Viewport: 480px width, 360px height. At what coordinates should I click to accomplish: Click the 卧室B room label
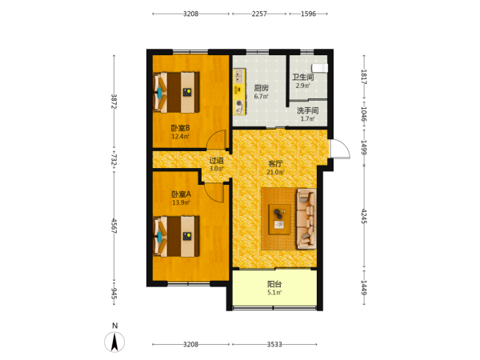[x=180, y=128]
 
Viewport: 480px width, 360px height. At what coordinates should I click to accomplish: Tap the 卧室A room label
[x=181, y=194]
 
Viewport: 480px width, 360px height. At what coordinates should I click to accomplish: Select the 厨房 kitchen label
[x=261, y=88]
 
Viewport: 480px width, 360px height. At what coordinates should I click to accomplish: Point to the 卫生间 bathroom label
[x=302, y=77]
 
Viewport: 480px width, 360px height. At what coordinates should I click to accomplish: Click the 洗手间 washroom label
[x=307, y=110]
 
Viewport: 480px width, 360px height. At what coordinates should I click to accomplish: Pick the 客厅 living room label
[x=275, y=164]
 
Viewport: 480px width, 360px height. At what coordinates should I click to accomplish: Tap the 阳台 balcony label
[x=274, y=284]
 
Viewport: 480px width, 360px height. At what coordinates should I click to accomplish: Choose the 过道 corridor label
[x=216, y=160]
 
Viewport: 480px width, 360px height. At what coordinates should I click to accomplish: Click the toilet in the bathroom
[x=319, y=68]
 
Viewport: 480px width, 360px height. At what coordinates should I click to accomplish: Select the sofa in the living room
[x=306, y=219]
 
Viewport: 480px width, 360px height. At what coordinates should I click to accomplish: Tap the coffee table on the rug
[x=279, y=219]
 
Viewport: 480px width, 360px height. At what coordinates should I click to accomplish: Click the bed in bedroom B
[x=176, y=92]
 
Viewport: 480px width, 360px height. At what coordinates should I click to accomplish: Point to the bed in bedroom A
[x=176, y=236]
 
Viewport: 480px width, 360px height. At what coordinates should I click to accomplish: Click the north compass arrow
[x=114, y=342]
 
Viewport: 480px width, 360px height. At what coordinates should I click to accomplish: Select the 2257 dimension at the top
[x=259, y=14]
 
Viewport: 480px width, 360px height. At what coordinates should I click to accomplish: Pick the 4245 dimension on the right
[x=364, y=216]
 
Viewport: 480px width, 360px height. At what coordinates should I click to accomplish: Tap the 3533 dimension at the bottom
[x=274, y=344]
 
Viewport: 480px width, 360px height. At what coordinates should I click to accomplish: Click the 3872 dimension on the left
[x=114, y=101]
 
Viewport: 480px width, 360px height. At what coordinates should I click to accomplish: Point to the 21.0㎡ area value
[x=275, y=172]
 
